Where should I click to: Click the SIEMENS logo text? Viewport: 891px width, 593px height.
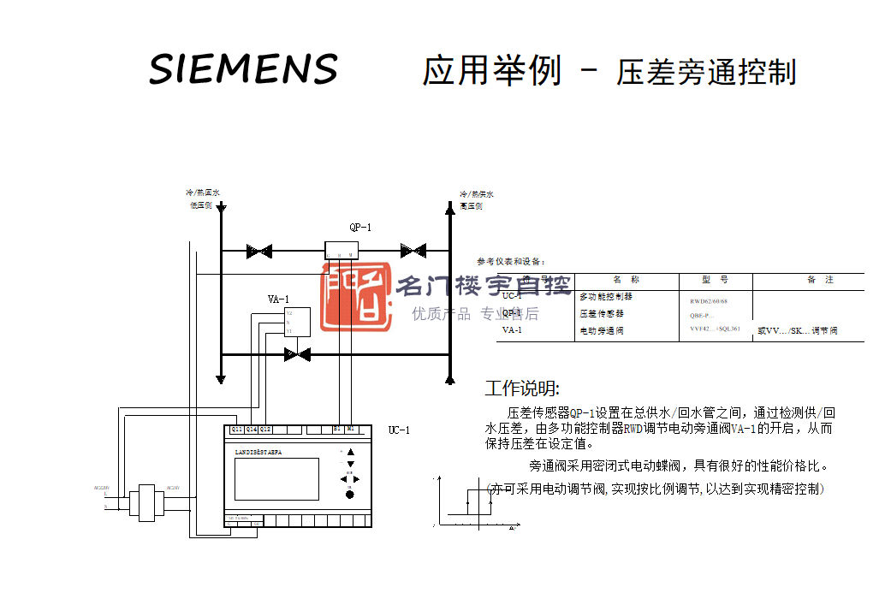click(x=244, y=68)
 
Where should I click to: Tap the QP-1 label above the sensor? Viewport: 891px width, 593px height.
click(x=360, y=228)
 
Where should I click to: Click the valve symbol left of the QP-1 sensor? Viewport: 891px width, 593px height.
click(x=258, y=252)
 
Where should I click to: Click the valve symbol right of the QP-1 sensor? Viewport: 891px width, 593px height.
click(x=413, y=251)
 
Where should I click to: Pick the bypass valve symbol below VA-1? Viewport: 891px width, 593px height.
click(x=297, y=353)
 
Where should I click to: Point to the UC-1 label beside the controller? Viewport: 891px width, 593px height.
click(x=399, y=430)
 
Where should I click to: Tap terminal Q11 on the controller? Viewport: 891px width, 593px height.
click(x=237, y=429)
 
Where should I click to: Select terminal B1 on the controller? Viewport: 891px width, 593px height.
click(x=337, y=429)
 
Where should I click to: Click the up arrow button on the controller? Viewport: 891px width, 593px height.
click(x=350, y=452)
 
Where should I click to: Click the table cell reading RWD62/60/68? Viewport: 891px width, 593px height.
click(x=710, y=301)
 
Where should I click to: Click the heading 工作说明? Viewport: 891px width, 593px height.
click(x=522, y=389)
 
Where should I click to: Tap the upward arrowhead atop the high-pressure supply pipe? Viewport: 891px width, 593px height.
click(x=450, y=207)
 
